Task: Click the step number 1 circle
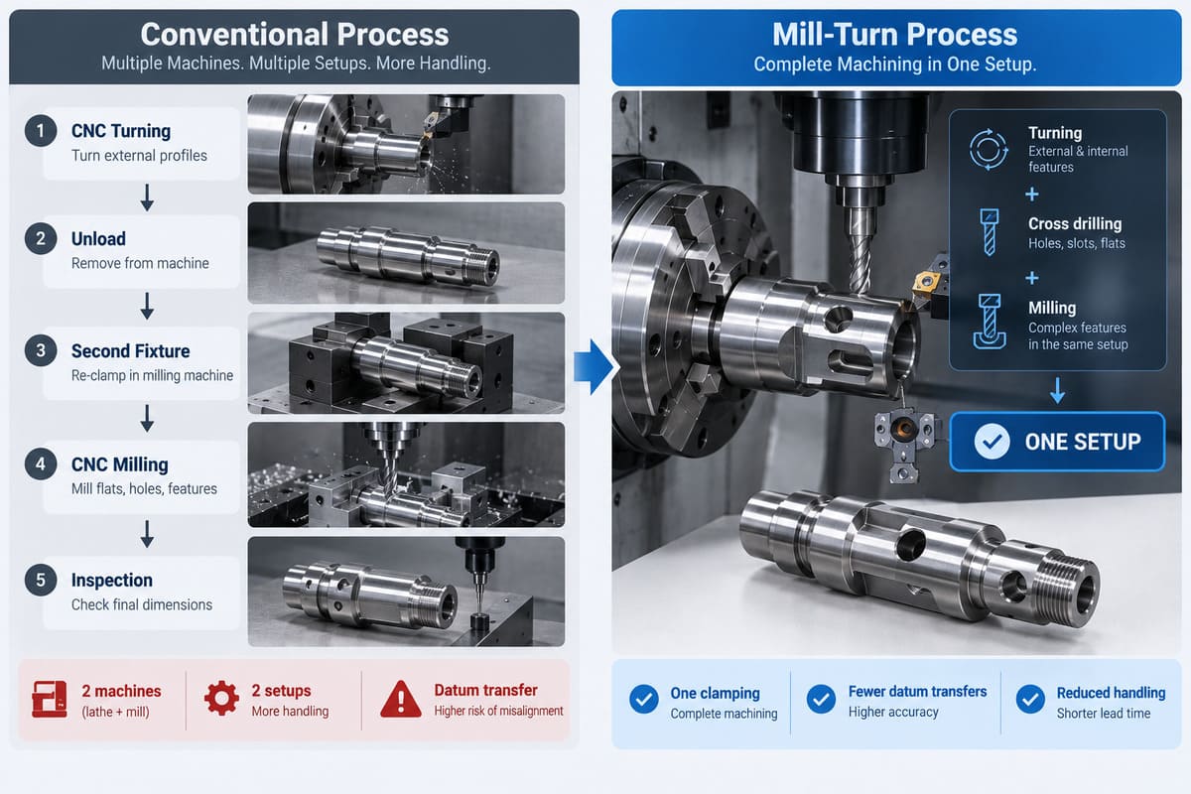point(41,131)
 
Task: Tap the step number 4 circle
point(41,464)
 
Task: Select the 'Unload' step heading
point(98,239)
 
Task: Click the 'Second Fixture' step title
point(130,351)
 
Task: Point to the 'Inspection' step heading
point(111,581)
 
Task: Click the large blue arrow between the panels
point(594,367)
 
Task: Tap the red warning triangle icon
point(401,700)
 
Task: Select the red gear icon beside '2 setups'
point(221,698)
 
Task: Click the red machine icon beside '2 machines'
point(50,700)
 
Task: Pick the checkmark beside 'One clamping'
point(644,699)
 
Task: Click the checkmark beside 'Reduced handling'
point(1030,699)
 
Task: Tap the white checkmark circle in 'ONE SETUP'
point(992,442)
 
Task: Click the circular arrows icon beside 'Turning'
point(989,150)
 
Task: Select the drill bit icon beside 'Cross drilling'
point(989,232)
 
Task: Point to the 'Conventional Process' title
point(295,35)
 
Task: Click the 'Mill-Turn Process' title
point(895,35)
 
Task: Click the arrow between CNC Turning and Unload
point(147,198)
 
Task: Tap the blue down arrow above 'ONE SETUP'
point(1058,390)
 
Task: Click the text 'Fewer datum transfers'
point(917,692)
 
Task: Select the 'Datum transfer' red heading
point(486,691)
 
